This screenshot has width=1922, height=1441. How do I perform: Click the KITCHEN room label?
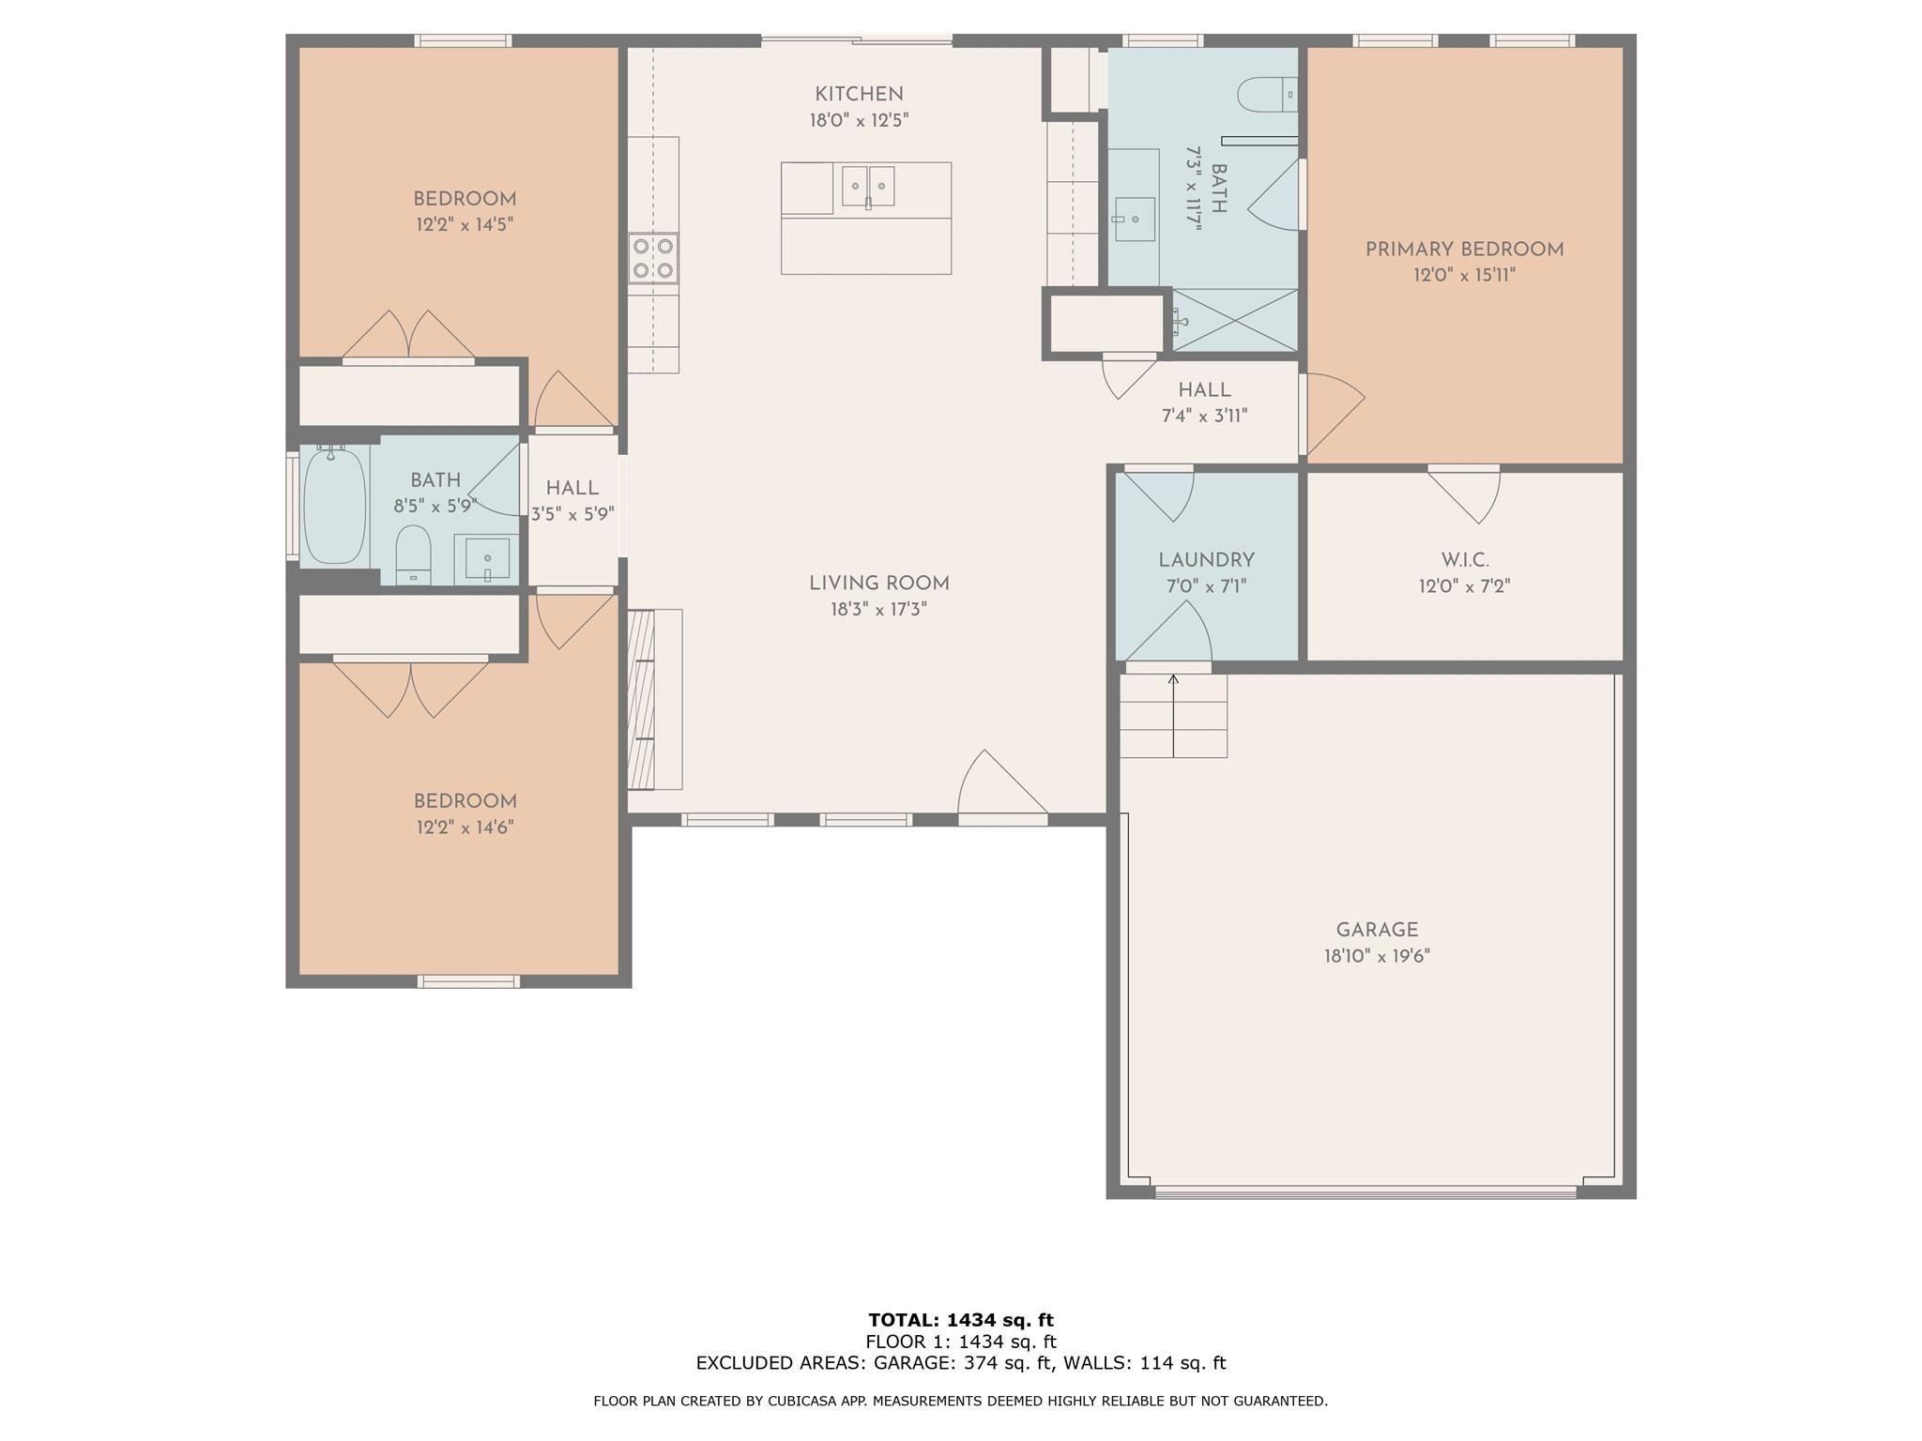point(859,94)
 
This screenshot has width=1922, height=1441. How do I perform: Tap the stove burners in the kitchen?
point(653,259)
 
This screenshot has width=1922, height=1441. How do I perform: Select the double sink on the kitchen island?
point(868,187)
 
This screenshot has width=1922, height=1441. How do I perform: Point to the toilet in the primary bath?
point(1267,94)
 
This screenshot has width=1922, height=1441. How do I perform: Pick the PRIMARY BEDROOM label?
point(1464,250)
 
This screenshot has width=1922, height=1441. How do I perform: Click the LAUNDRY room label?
point(1206,560)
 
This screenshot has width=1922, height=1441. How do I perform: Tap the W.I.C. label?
point(1464,560)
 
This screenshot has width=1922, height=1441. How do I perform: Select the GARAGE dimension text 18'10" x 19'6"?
point(1377,956)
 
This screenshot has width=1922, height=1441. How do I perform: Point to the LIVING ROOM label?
point(879,584)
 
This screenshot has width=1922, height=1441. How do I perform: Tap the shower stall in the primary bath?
point(1235,321)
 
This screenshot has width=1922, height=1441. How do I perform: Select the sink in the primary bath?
point(1134,220)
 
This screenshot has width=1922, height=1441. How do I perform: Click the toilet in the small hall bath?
point(413,554)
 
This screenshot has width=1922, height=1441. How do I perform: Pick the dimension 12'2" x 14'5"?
point(465,225)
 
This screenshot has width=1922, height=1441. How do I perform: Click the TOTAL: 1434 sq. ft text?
point(961,1320)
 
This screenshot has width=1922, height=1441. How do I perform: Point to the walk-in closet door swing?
point(1464,493)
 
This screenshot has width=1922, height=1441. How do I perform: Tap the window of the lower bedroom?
point(467,981)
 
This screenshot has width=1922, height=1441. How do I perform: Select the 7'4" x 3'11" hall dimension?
point(1205,416)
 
